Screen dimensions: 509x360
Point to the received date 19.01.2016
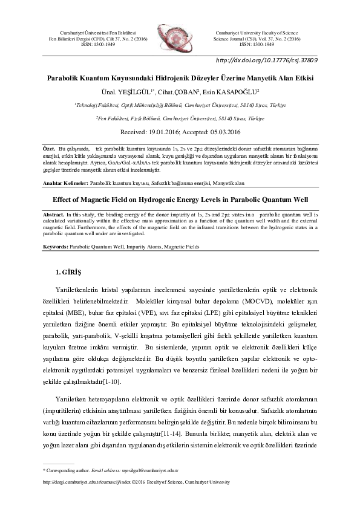coord(172,132)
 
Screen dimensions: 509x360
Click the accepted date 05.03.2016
coord(219,132)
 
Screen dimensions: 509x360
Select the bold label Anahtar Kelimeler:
coord(65,182)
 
